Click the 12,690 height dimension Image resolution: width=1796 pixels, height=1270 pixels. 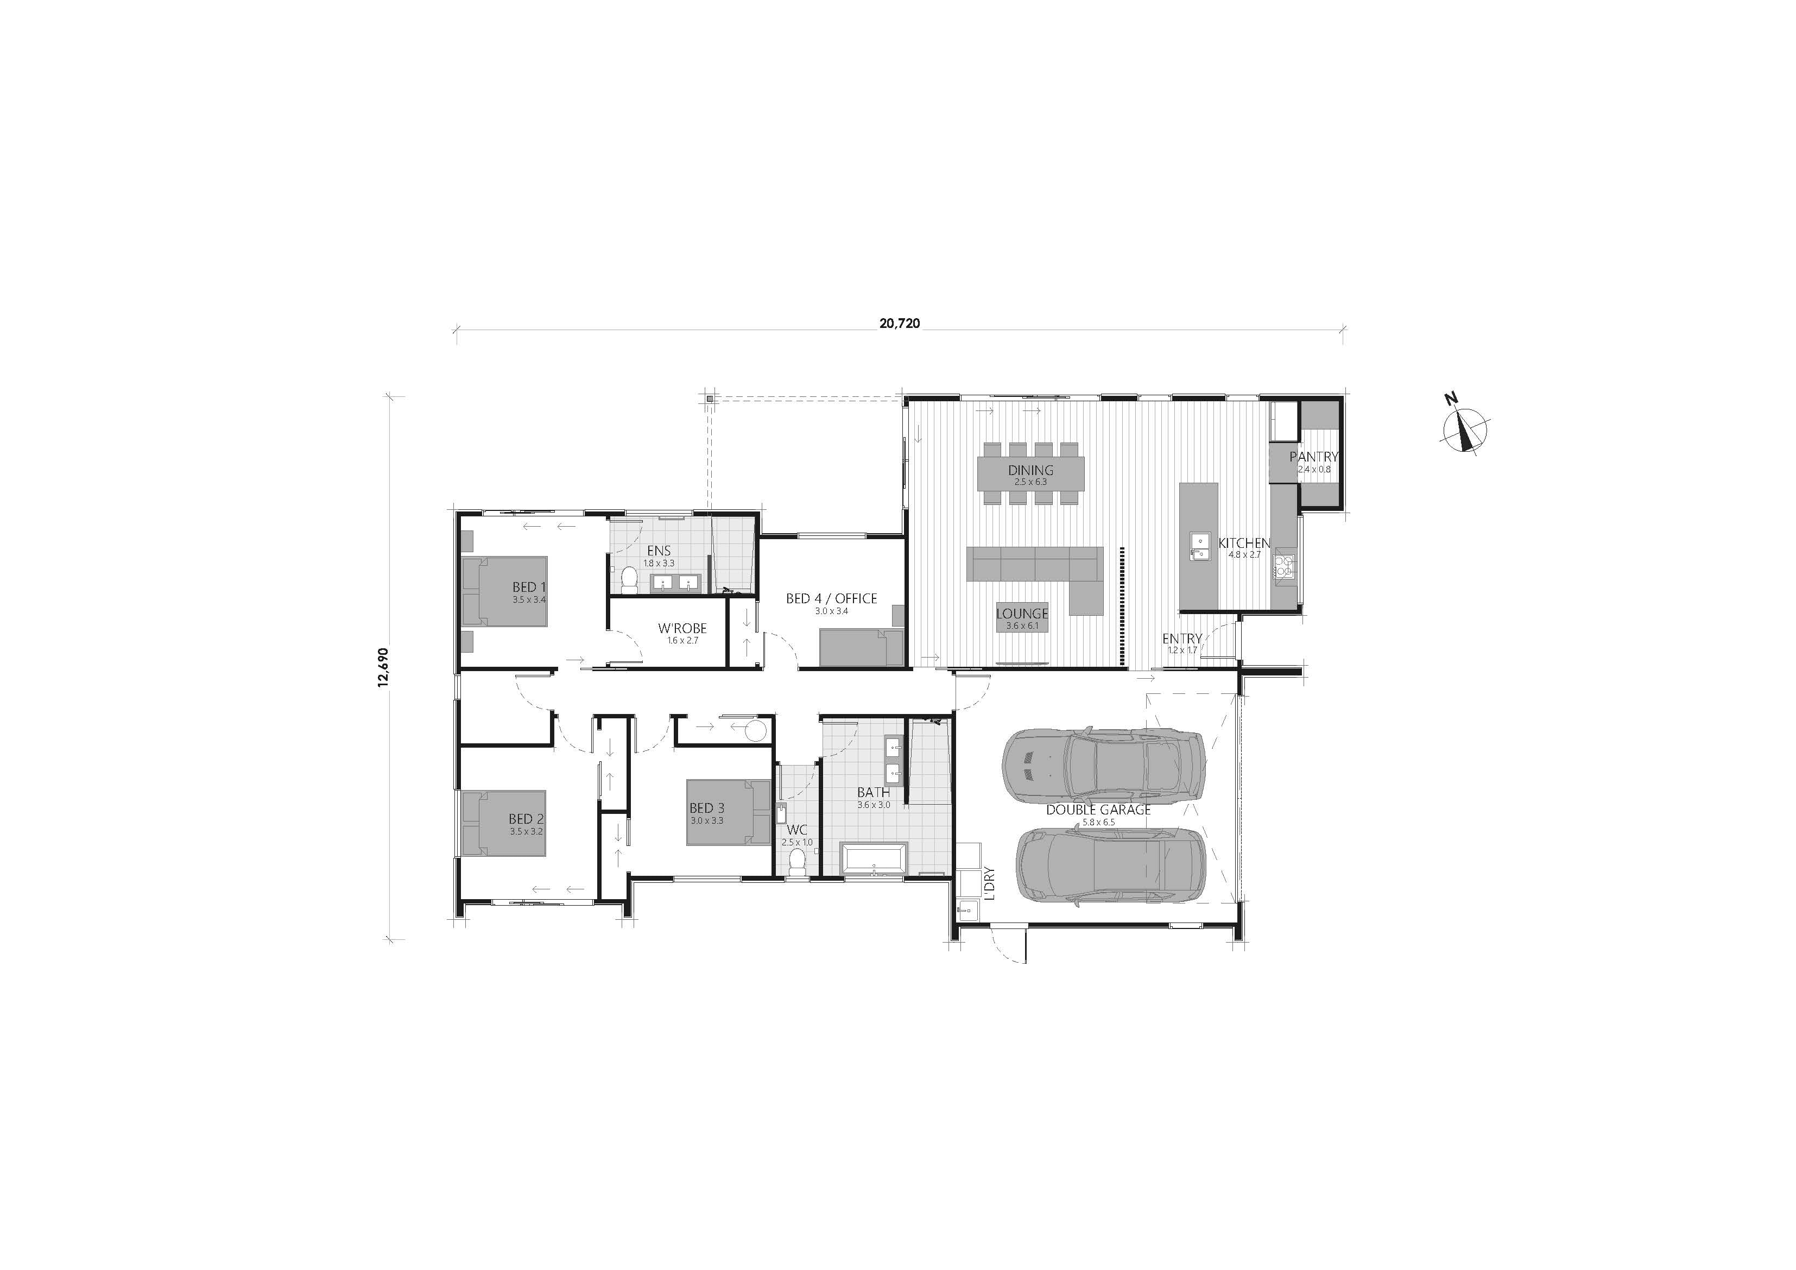tap(383, 667)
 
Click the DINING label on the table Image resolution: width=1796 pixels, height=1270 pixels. tap(1030, 470)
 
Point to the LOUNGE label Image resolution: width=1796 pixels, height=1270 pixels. tap(1022, 614)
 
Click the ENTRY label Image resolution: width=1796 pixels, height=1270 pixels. tap(1181, 639)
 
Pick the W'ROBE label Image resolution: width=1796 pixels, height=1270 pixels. tap(682, 628)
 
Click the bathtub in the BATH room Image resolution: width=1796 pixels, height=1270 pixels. tap(874, 858)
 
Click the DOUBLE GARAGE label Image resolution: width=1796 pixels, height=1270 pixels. tap(1098, 810)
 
